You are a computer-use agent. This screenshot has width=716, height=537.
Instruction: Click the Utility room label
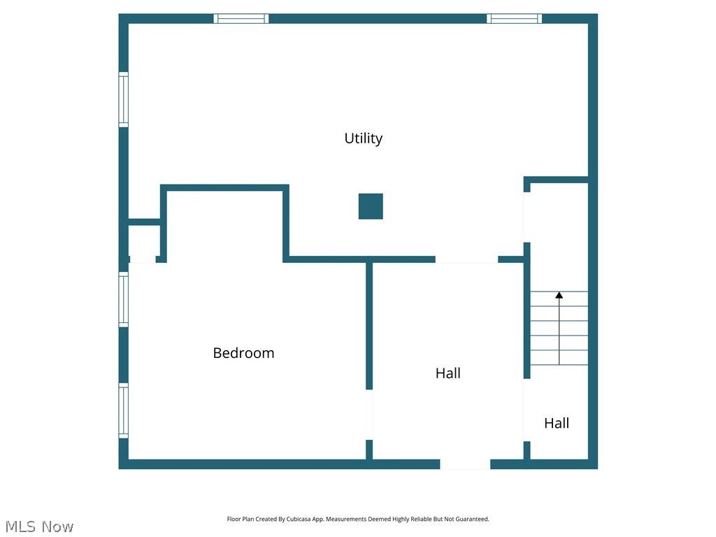click(363, 138)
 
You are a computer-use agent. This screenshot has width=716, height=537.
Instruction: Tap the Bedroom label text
click(243, 353)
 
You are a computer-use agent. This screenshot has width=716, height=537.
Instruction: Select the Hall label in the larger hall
click(447, 373)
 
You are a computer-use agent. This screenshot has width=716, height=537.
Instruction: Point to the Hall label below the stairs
click(557, 423)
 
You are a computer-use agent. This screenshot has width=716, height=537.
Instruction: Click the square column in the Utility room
click(371, 206)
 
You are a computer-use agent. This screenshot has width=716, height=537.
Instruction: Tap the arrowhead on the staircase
click(559, 296)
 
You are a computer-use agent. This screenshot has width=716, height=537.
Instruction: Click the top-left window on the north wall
click(241, 18)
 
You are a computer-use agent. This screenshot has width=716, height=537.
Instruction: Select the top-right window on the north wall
click(514, 18)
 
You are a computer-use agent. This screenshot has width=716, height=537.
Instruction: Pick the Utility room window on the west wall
click(124, 99)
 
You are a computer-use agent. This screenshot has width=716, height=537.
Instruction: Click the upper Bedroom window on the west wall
click(124, 299)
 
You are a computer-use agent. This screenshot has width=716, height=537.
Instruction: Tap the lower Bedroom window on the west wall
click(124, 410)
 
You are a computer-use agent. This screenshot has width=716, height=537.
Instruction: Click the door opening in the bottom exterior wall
click(465, 464)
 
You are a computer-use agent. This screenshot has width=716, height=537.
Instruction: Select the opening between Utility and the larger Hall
click(466, 259)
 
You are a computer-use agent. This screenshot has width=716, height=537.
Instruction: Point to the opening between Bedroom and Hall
click(369, 414)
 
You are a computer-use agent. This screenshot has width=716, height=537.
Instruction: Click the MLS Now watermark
click(39, 527)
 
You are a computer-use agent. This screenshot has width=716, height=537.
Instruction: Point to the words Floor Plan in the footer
click(241, 520)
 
